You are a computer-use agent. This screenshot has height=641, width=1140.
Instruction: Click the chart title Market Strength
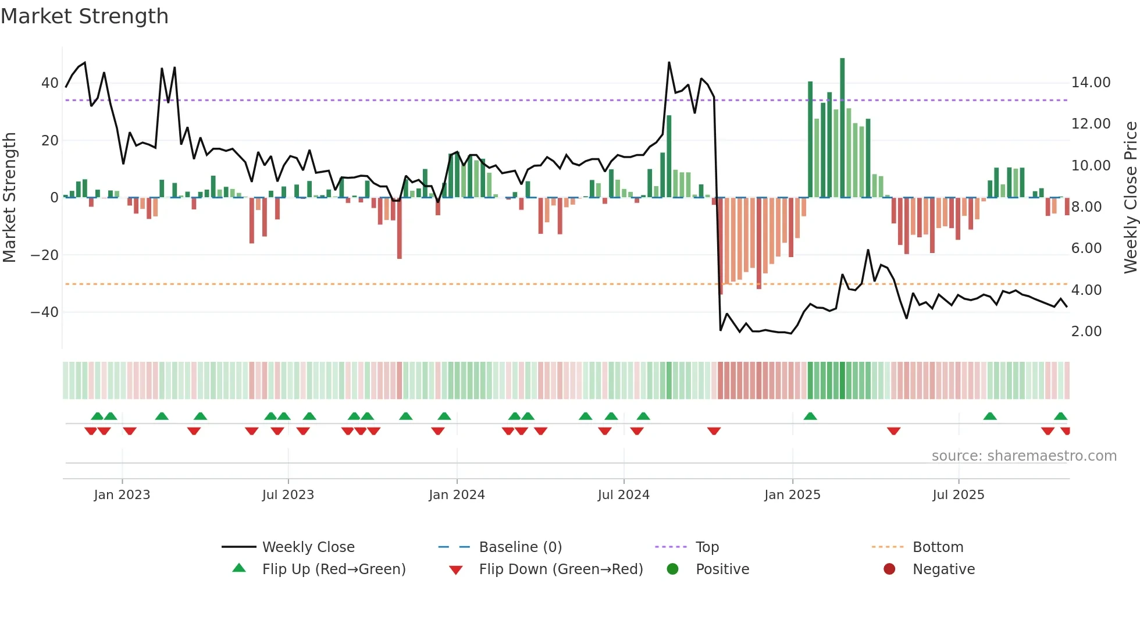tap(84, 16)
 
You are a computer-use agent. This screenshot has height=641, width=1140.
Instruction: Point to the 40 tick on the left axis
tap(49, 83)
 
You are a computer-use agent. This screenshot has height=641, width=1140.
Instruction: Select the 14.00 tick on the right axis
tap(1091, 83)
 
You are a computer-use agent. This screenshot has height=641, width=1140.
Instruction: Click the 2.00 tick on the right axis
tap(1086, 332)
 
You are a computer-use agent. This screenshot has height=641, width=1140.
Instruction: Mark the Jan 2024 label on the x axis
tap(457, 495)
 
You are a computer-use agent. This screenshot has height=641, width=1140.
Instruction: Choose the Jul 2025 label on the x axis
tap(958, 495)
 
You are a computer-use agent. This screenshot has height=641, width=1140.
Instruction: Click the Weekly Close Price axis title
tap(1130, 197)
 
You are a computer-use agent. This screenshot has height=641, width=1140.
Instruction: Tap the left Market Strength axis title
tap(9, 197)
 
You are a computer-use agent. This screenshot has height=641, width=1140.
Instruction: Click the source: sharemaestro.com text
tap(1024, 456)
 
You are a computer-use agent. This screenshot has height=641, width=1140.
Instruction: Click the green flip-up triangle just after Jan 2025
tap(810, 416)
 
